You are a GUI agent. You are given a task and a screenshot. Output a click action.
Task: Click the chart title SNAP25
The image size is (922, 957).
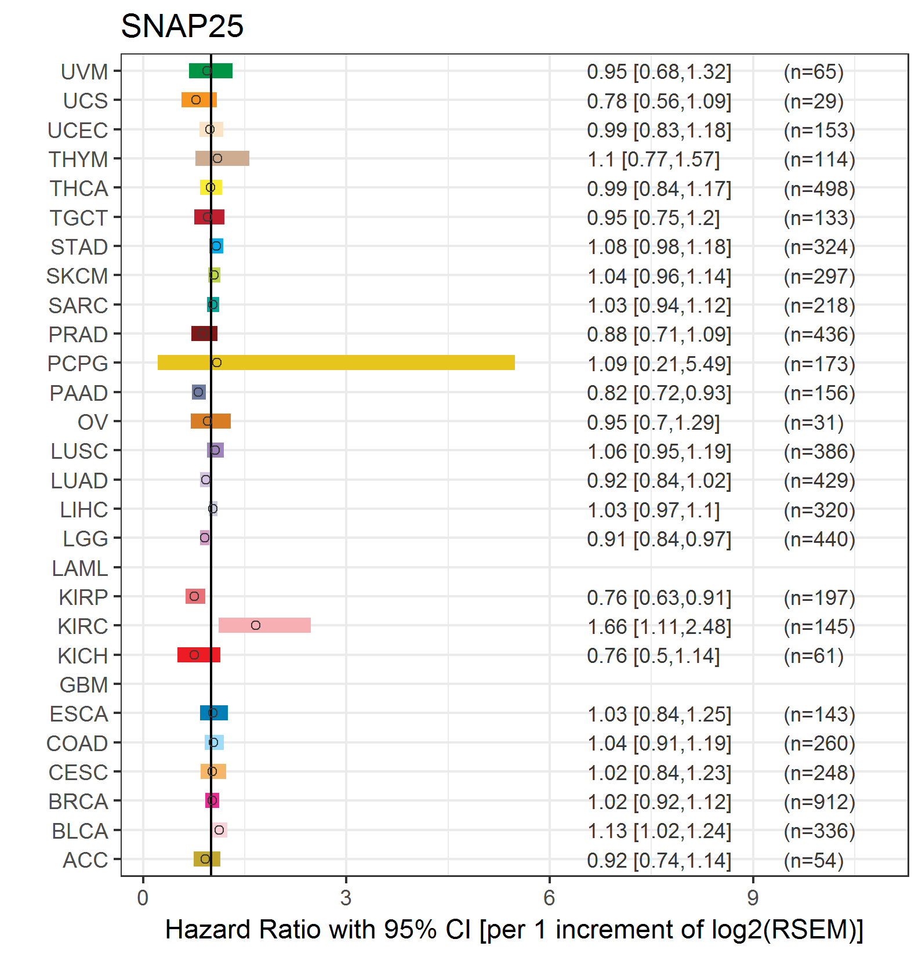182,26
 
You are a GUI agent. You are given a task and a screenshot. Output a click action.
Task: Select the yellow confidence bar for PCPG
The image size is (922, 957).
336,362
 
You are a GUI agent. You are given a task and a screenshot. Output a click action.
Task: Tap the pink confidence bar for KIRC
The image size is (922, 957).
264,625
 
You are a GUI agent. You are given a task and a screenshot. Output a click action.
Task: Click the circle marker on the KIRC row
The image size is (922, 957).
256,625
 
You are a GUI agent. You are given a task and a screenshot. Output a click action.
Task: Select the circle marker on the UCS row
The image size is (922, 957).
196,100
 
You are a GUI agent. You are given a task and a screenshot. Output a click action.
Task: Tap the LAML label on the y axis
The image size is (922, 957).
79,568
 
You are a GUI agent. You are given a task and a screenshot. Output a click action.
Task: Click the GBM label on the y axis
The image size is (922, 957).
84,685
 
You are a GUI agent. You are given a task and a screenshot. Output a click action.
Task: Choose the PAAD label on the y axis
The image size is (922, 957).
79,393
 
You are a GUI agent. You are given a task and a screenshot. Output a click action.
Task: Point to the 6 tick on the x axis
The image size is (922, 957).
549,898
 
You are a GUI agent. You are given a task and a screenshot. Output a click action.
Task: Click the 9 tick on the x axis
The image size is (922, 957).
753,898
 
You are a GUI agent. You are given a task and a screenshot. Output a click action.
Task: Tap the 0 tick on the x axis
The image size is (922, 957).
143,898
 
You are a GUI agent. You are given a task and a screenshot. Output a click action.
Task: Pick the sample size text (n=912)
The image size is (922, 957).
819,802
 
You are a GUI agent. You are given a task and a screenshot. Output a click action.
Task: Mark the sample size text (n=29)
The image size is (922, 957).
814,101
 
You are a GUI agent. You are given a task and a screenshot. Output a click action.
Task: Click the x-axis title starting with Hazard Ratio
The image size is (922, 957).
514,930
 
